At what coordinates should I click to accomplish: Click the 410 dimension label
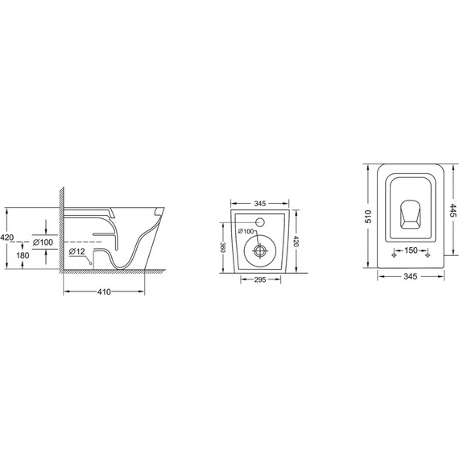coord(104,292)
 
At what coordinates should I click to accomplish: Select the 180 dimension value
coord(23,255)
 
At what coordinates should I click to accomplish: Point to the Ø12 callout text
coord(76,251)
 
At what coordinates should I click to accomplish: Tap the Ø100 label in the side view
coord(43,242)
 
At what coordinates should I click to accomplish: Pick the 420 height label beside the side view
coord(6,237)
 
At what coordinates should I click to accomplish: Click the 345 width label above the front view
coord(259,204)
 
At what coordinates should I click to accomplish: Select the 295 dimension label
coord(260,280)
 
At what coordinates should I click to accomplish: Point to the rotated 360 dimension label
coord(223,248)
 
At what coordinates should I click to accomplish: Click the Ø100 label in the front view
coord(246,231)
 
